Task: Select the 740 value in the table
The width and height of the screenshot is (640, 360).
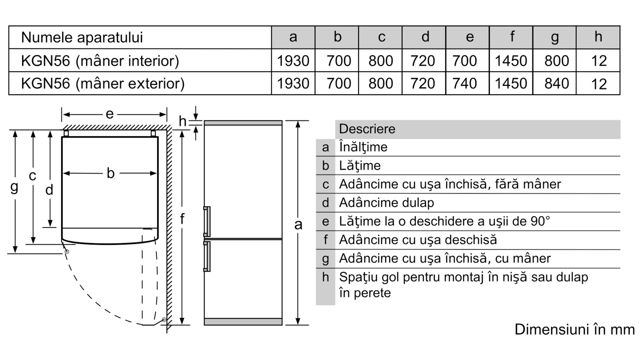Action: [x=464, y=84]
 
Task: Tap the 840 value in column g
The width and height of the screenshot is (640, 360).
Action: [x=556, y=84]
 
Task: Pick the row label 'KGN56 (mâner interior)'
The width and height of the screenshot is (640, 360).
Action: [x=100, y=61]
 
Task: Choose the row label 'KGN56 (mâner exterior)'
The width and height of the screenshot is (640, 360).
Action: [x=103, y=84]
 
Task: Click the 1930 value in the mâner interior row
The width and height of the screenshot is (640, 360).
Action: [x=293, y=61]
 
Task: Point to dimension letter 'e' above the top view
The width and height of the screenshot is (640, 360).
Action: [x=110, y=114]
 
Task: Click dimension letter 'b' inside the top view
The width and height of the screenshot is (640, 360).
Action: [x=110, y=173]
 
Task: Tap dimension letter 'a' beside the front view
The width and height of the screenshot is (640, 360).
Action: [x=298, y=224]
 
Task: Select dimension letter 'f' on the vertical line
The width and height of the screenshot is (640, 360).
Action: [x=182, y=219]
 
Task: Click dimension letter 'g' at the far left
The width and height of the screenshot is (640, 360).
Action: [x=14, y=188]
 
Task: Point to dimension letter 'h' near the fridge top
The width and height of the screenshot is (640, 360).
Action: [x=182, y=121]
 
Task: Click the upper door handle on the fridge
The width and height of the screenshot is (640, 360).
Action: [x=207, y=222]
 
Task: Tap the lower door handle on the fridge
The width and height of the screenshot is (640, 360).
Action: [x=207, y=256]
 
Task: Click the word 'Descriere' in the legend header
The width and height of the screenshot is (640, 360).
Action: [x=367, y=129]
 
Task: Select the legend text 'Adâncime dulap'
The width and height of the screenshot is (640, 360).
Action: [x=386, y=203]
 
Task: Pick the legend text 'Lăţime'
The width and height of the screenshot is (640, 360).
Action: [x=360, y=166]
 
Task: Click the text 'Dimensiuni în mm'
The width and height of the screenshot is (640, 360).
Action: [x=574, y=330]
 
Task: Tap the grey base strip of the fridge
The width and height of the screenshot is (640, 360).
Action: [x=243, y=322]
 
